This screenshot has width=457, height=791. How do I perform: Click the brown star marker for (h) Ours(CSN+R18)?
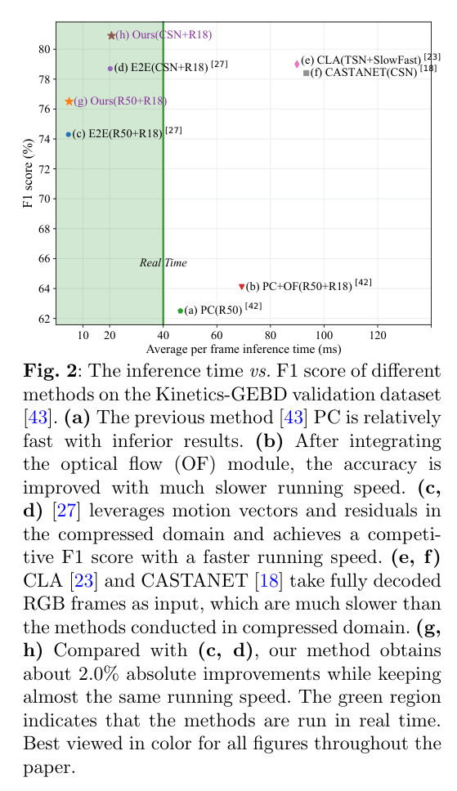click(x=111, y=35)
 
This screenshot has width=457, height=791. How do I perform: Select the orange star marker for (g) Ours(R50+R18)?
click(x=69, y=101)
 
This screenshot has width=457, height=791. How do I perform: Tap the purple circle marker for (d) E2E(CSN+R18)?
click(x=110, y=69)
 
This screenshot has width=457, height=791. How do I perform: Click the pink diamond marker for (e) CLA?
click(x=297, y=63)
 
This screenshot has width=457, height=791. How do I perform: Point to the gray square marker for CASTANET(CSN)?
click(x=306, y=73)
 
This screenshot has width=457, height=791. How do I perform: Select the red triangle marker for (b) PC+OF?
click(x=241, y=287)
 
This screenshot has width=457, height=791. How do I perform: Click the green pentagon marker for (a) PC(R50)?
click(x=180, y=311)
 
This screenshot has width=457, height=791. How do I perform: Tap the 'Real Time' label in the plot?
click(x=163, y=262)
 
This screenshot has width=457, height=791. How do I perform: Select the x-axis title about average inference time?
click(x=243, y=350)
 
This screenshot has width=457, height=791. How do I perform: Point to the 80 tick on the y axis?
click(x=45, y=49)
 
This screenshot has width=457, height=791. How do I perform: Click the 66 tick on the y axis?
click(x=45, y=258)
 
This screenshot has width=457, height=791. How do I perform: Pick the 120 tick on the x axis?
click(x=378, y=335)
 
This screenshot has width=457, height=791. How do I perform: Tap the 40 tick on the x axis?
click(x=163, y=335)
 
